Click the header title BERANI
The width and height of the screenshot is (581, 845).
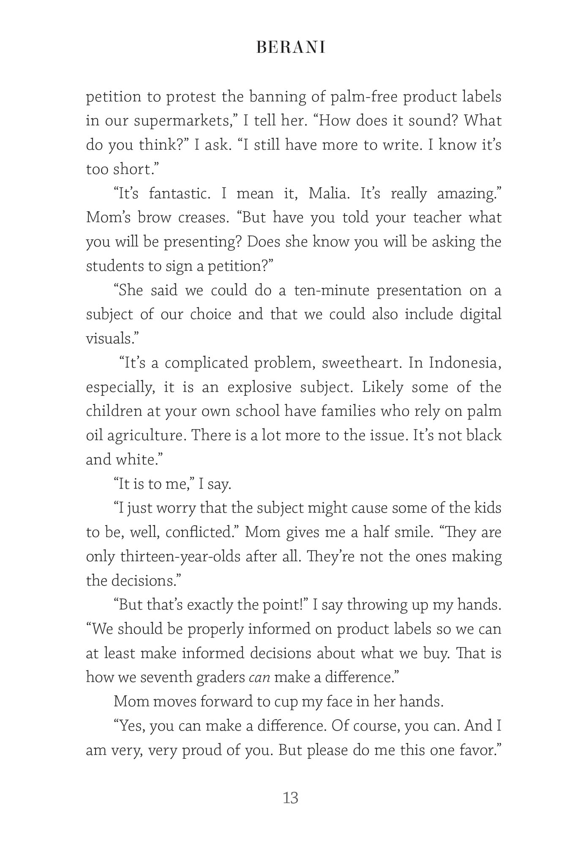[x=291, y=48]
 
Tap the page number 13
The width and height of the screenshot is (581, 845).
[x=291, y=798]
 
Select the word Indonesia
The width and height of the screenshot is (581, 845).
[x=465, y=363]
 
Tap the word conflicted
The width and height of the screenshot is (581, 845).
[x=199, y=532]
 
